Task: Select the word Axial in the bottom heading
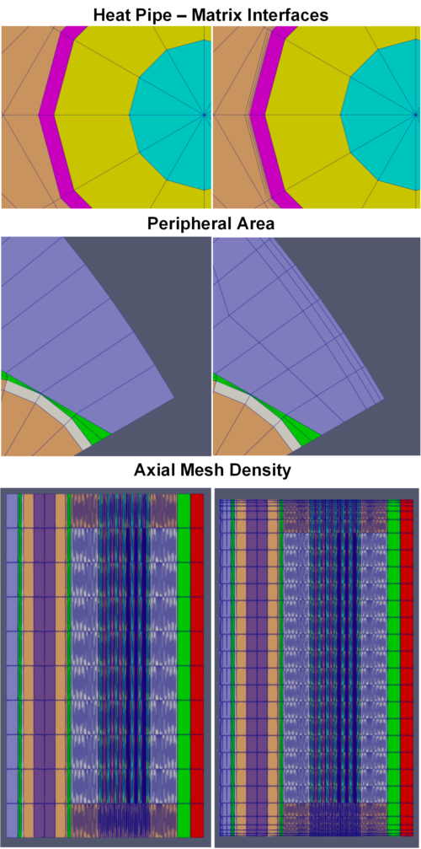click(153, 470)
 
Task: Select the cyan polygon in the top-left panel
click(170, 115)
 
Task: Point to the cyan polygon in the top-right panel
click(381, 115)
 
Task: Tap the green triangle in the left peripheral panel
click(91, 430)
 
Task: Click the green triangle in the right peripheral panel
click(302, 430)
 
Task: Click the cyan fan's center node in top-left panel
click(204, 115)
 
